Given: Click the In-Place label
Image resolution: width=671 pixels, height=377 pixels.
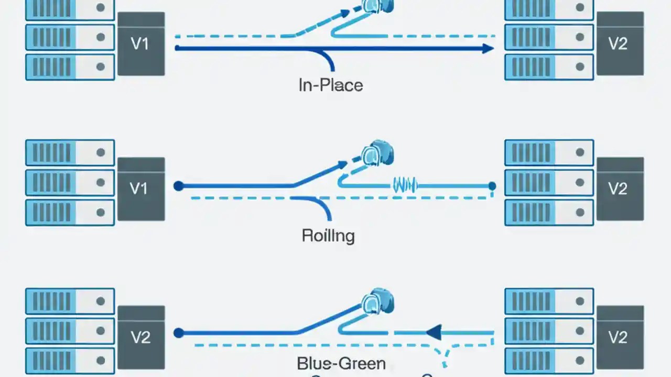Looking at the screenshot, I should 330,85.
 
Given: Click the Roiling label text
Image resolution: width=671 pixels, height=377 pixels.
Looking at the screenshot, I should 328,236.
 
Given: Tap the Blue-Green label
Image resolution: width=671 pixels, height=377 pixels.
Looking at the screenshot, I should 341,363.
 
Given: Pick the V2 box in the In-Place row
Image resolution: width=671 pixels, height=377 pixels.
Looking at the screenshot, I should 620,44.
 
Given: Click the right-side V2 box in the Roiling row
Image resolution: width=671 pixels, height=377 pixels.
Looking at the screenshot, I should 620,188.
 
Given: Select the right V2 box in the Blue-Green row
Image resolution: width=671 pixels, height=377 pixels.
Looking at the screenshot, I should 620,337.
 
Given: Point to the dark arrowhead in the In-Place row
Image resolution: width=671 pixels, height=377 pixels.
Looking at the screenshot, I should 488,49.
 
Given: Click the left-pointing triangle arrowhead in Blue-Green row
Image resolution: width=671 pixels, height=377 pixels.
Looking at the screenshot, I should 434,332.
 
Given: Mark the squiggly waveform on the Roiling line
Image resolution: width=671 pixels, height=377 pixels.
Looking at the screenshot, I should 404,185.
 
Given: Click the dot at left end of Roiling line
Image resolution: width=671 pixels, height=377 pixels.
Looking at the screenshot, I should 178,185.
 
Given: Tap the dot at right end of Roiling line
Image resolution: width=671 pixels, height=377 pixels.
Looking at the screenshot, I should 492,186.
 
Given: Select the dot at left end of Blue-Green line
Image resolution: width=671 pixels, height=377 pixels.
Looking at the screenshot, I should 178,332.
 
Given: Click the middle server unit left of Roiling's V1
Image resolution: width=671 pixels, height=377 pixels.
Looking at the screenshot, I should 70,182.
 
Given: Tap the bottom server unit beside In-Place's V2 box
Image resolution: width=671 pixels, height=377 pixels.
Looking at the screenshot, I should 549,67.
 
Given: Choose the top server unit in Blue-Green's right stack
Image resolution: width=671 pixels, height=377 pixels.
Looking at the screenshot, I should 549,301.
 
